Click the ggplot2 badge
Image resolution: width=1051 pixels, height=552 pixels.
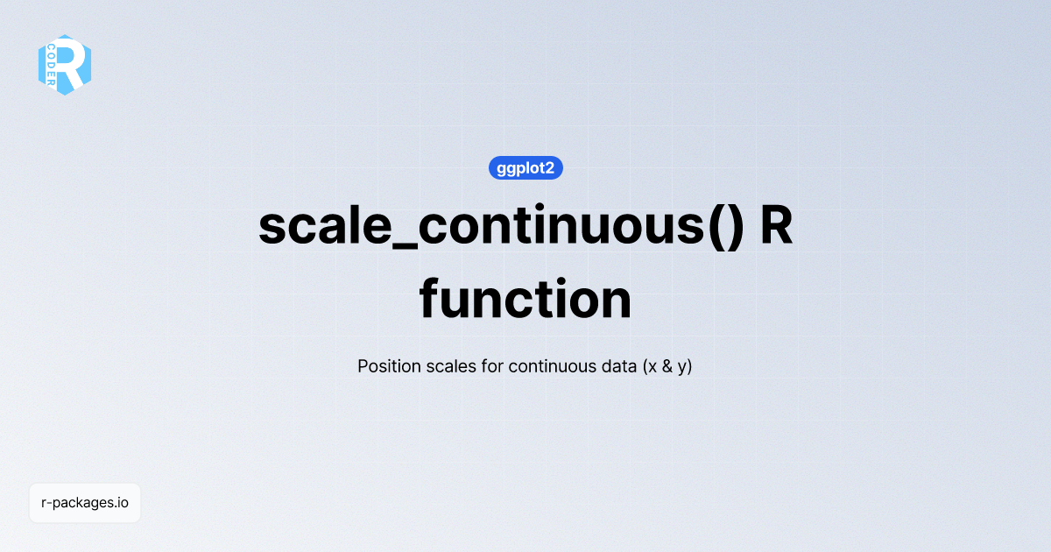pyautogui.click(x=525, y=168)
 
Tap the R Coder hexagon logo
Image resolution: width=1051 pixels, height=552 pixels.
pyautogui.click(x=65, y=65)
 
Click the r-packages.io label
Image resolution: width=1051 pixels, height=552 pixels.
pyautogui.click(x=85, y=503)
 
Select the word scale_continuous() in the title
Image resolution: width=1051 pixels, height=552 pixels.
pyautogui.click(x=501, y=227)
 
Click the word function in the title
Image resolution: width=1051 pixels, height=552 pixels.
pyautogui.click(x=525, y=299)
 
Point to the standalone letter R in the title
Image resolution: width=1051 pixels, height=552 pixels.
pyautogui.click(x=777, y=225)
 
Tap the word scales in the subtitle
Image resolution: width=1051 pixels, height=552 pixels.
pyautogui.click(x=451, y=366)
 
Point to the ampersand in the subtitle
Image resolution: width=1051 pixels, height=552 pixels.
pyautogui.click(x=667, y=366)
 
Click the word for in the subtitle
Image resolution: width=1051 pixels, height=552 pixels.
pyautogui.click(x=492, y=366)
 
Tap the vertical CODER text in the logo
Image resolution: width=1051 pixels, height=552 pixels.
pyautogui.click(x=51, y=65)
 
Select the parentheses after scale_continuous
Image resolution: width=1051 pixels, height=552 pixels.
pyautogui.click(x=726, y=227)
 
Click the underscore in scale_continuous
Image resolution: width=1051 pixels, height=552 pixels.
pyautogui.click(x=405, y=247)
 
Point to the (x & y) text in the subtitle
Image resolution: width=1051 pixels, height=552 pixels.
pyautogui.click(x=667, y=366)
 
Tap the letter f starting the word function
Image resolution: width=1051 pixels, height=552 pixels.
pyautogui.click(x=429, y=298)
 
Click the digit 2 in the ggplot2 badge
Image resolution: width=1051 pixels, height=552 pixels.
pyautogui.click(x=549, y=167)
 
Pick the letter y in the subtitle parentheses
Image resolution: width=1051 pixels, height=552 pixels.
pyautogui.click(x=681, y=369)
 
